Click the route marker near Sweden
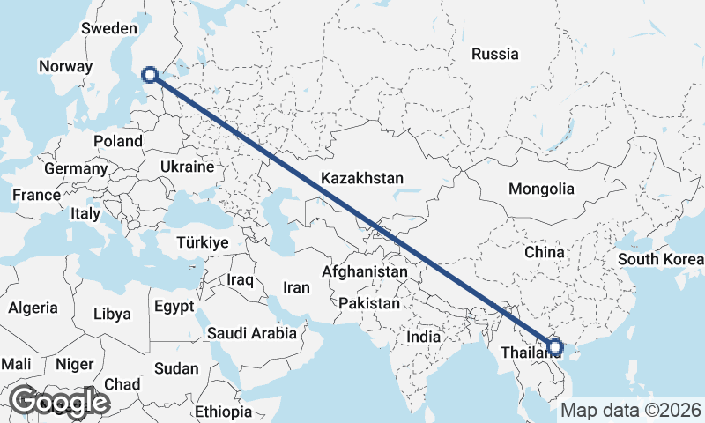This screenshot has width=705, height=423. tap(150, 76)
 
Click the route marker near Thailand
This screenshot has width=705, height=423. tap(555, 346)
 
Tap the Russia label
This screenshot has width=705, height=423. tap(494, 55)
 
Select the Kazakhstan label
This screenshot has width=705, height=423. tap(362, 178)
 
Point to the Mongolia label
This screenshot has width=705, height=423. tap(541, 189)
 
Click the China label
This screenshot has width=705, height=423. tap(544, 252)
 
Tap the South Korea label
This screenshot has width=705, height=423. tap(660, 259)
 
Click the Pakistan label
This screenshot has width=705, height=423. tap(369, 303)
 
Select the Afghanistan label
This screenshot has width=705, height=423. tap(364, 272)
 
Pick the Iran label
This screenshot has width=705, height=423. tap(296, 287)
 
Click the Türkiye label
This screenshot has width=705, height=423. tap(203, 242)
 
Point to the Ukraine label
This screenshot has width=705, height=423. tap(187, 167)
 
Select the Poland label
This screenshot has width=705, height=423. tap(118, 141)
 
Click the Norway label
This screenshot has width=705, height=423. tap(65, 66)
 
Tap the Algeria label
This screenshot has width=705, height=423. tap(33, 308)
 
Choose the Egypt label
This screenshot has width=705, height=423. tap(173, 308)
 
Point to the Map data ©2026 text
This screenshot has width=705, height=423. tap(632, 410)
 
